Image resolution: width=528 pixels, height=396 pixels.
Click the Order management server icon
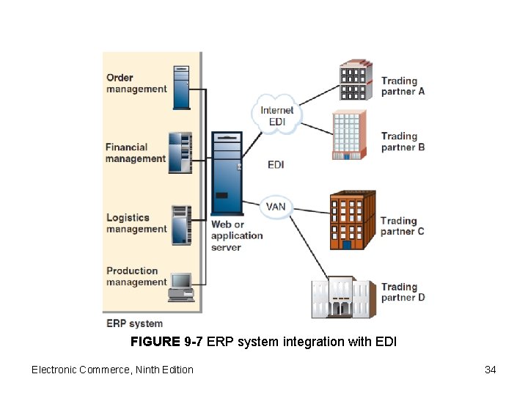(x=181, y=87)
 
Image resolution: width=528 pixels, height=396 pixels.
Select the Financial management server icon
(x=180, y=153)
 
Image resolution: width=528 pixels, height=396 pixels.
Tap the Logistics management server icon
(x=180, y=224)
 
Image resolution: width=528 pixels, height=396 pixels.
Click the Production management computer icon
(x=180, y=286)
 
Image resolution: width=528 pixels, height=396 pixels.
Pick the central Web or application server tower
(x=227, y=173)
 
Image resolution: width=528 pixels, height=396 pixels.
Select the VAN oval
(x=276, y=207)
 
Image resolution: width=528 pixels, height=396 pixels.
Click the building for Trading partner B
(x=349, y=135)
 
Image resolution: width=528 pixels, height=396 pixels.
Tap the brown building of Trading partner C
(x=352, y=220)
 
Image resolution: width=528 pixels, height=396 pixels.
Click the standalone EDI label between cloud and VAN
(x=276, y=165)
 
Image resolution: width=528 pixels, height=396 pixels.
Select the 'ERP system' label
(x=134, y=323)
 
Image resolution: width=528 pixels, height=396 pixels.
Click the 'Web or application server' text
(x=236, y=236)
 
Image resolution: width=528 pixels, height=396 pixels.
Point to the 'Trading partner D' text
(x=403, y=292)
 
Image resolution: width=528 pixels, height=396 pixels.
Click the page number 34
(x=490, y=370)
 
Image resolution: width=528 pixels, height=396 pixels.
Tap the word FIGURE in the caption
(x=155, y=342)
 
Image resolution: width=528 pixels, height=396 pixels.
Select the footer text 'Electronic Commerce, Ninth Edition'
(x=112, y=370)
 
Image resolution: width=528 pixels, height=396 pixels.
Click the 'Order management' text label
(x=136, y=84)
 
